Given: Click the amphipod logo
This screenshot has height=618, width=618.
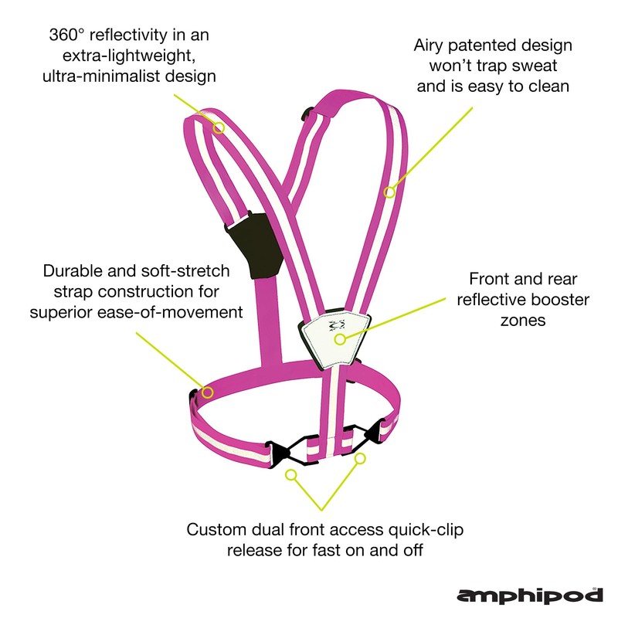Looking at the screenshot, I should click(x=530, y=596).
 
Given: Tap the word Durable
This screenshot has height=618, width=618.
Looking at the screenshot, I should click(x=75, y=271).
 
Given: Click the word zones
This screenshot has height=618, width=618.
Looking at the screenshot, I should click(x=523, y=319).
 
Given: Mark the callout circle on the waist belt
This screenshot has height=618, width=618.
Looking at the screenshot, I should click(x=206, y=392).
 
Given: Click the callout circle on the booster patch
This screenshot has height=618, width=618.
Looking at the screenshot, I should click(x=338, y=338).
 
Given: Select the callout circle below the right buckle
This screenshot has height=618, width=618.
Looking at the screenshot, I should click(x=359, y=459).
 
